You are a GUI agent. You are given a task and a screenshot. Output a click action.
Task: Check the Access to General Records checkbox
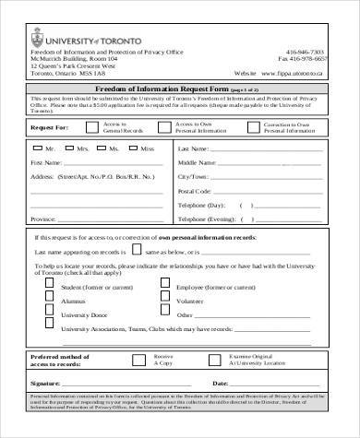click(x=92, y=131)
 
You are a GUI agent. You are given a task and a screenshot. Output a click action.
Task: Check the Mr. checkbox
click(x=37, y=148)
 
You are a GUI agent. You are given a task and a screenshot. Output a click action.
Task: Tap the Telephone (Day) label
click(x=228, y=206)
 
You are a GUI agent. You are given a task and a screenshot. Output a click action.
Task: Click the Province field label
click(x=43, y=220)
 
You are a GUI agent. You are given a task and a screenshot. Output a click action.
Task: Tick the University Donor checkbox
click(x=48, y=314)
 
